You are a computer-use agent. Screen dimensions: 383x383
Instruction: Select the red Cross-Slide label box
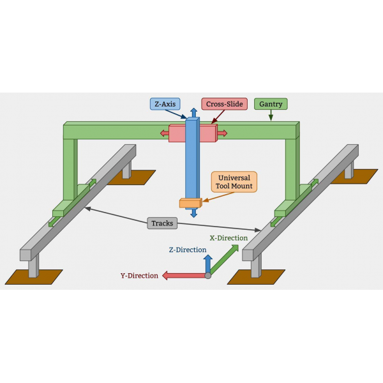224,103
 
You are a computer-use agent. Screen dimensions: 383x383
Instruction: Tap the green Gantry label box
271,103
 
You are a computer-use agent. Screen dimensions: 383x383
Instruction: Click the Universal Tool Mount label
235,181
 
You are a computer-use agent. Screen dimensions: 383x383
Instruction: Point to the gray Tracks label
162,223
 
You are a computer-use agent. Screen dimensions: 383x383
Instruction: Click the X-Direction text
229,238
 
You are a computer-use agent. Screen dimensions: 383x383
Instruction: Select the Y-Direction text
139,276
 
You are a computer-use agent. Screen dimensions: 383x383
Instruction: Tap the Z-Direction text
186,250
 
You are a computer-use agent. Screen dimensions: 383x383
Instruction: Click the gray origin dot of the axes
207,276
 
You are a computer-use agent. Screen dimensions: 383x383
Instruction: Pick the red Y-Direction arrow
182,276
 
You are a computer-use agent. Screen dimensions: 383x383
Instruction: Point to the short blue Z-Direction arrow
207,264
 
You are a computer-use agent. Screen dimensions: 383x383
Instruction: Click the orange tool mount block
190,204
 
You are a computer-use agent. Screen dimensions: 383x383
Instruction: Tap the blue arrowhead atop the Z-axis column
193,113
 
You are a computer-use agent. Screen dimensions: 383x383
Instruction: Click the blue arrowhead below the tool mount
193,213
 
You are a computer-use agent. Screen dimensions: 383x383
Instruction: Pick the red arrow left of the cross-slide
165,133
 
